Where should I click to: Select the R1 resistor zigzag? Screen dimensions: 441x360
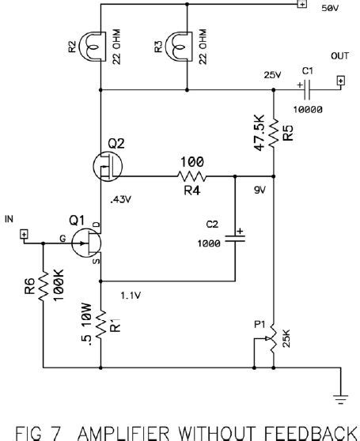point(101,322)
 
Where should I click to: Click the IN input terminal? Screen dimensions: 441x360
point(25,235)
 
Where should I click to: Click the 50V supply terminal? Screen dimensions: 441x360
point(301,4)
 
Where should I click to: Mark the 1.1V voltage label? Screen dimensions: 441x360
point(130,295)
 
